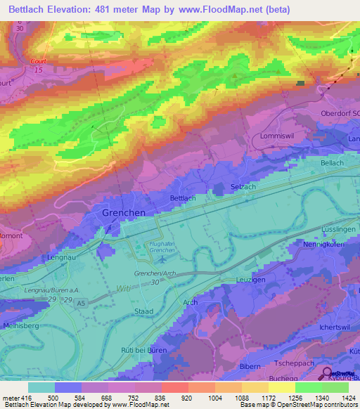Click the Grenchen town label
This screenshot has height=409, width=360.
(x=124, y=212)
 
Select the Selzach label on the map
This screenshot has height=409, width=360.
(x=244, y=186)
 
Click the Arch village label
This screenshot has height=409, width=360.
(x=190, y=302)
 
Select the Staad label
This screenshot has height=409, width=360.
(x=143, y=310)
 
